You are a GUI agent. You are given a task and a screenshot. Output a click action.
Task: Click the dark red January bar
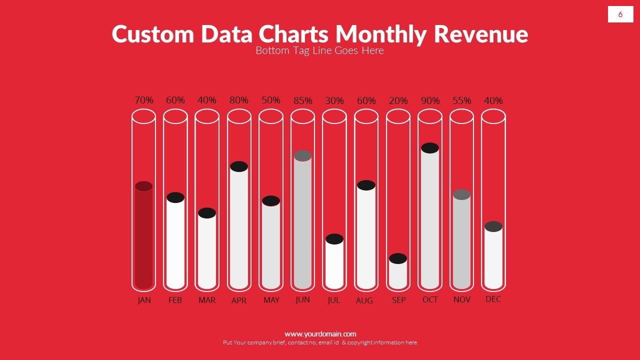[143, 237]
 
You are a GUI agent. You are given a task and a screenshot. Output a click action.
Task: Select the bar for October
[430, 220]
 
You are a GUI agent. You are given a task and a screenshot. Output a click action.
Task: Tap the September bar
[398, 274]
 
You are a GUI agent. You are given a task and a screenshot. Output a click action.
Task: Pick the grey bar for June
[302, 222]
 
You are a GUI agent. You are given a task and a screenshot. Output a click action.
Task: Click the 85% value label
[302, 100]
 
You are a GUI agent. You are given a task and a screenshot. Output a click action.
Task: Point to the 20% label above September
[398, 100]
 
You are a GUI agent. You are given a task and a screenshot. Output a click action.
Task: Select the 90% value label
[430, 100]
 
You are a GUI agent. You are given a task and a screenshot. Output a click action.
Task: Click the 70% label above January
[143, 100]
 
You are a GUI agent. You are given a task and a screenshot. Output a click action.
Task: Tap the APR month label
[239, 300]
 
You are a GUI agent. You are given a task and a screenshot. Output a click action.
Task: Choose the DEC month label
[493, 299]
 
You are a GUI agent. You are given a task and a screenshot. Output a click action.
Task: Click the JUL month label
[333, 300]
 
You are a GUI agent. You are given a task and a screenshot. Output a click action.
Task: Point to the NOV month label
[461, 299]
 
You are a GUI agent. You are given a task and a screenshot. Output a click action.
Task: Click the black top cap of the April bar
[239, 166]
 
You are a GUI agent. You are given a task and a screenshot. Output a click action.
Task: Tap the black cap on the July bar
[334, 239]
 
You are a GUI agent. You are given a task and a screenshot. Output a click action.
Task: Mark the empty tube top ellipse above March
[207, 116]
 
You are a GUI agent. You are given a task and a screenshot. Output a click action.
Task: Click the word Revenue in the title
[481, 34]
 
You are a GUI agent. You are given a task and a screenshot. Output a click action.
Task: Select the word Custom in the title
[153, 34]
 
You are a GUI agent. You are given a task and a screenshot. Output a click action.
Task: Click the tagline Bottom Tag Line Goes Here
[319, 50]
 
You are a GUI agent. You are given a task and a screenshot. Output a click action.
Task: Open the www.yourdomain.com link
[320, 334]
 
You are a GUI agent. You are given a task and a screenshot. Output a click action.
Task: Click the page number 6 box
[620, 14]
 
